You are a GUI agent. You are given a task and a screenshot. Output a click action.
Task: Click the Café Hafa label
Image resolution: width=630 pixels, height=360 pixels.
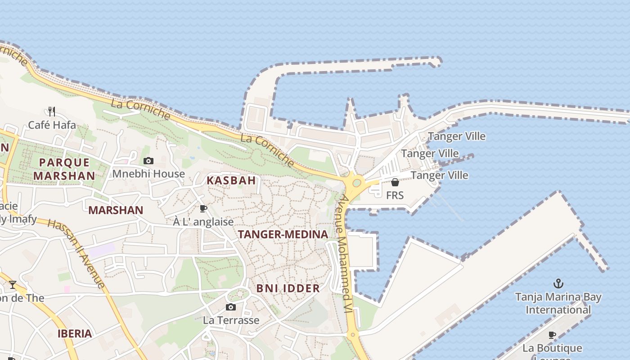point(52,125)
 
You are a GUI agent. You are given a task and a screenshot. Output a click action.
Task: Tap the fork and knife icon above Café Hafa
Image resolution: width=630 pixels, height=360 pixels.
point(52,111)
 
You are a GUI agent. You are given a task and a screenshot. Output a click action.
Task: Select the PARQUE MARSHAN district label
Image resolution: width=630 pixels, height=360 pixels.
point(64,169)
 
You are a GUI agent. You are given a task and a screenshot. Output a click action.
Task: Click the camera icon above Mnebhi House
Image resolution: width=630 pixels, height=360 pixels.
point(148,161)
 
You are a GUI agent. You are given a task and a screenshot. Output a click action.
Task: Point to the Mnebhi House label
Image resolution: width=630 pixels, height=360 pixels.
point(148,174)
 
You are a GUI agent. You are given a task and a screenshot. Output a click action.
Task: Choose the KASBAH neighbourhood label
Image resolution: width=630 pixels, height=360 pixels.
point(231,180)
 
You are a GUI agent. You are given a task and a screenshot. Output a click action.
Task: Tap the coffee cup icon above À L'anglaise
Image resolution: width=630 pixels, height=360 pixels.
point(203,208)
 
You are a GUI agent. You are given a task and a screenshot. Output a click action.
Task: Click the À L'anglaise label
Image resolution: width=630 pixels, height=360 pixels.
point(203,222)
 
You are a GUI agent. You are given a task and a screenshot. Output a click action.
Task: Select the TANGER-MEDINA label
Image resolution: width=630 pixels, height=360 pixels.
point(283,234)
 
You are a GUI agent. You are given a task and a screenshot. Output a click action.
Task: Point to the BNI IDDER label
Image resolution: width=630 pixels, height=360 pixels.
point(288,288)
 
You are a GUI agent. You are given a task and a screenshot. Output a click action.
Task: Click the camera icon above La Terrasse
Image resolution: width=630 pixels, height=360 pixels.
point(231,307)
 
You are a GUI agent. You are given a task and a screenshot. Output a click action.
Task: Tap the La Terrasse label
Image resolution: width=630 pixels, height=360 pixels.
point(231,320)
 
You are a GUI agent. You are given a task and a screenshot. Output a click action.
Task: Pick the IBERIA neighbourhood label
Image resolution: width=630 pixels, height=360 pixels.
point(75,334)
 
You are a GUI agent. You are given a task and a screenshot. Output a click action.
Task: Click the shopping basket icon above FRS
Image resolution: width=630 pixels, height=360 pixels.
point(395,182)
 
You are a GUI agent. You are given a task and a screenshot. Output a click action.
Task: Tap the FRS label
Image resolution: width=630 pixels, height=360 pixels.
point(395,195)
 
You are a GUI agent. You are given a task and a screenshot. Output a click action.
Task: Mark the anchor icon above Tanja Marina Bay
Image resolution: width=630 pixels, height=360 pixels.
point(558,283)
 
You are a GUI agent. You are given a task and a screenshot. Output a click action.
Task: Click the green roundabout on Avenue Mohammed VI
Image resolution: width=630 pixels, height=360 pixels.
point(357,183)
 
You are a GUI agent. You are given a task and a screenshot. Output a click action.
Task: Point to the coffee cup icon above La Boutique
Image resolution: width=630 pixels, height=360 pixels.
point(552,335)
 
